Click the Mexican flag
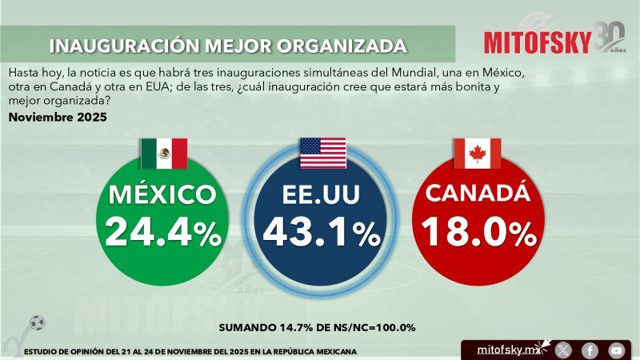163,153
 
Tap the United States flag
322,153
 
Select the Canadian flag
478,153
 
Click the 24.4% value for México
162,232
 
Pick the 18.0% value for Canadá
478,232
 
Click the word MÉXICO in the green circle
162,194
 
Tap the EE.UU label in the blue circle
322,194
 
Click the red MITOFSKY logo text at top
538,42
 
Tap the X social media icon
564,350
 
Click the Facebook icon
590,350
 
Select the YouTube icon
615,350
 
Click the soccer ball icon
37,322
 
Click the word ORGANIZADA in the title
342,45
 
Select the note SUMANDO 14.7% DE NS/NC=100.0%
317,328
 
